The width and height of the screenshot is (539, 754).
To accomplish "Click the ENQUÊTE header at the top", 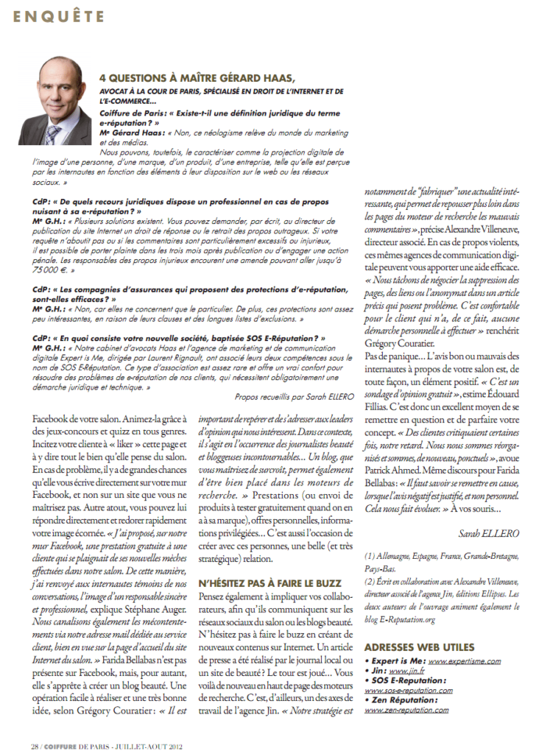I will (55, 13).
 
